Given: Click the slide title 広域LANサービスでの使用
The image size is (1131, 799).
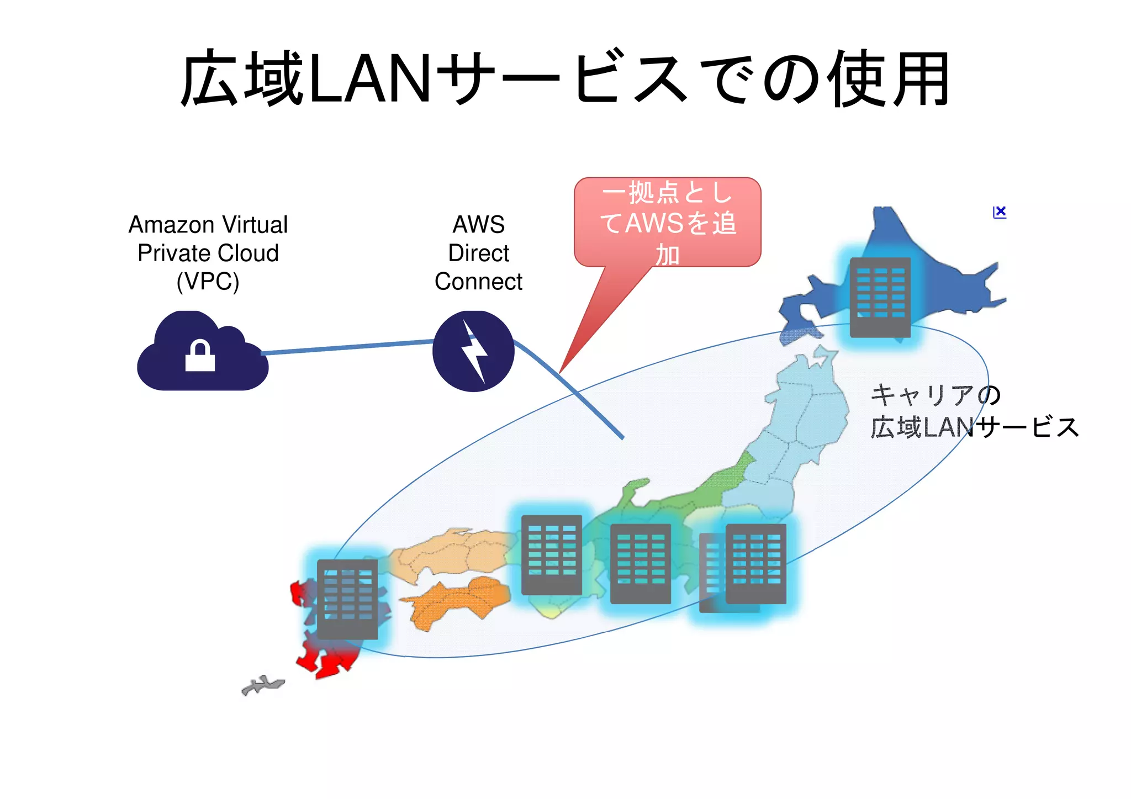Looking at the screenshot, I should pyautogui.click(x=565, y=79).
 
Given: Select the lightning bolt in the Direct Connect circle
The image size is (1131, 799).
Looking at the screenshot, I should pyautogui.click(x=474, y=351).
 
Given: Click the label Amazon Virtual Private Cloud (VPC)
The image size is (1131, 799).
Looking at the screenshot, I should pyautogui.click(x=208, y=253).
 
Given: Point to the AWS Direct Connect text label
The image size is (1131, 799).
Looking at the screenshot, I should pyautogui.click(x=478, y=253).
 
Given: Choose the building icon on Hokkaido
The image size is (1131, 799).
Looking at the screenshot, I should pyautogui.click(x=880, y=297).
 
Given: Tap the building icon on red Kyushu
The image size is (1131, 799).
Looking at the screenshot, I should pyautogui.click(x=347, y=599).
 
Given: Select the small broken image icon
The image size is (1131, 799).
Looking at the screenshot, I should pyautogui.click(x=999, y=212).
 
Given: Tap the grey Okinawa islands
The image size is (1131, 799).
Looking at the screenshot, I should pyautogui.click(x=263, y=685).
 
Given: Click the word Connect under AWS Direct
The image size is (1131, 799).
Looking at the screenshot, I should pyautogui.click(x=478, y=282).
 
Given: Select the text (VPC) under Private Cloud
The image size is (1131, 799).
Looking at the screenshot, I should pyautogui.click(x=208, y=282).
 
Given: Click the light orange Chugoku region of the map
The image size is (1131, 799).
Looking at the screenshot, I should pyautogui.click(x=447, y=552).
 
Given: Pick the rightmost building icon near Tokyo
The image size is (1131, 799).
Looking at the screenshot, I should pyautogui.click(x=755, y=563).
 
